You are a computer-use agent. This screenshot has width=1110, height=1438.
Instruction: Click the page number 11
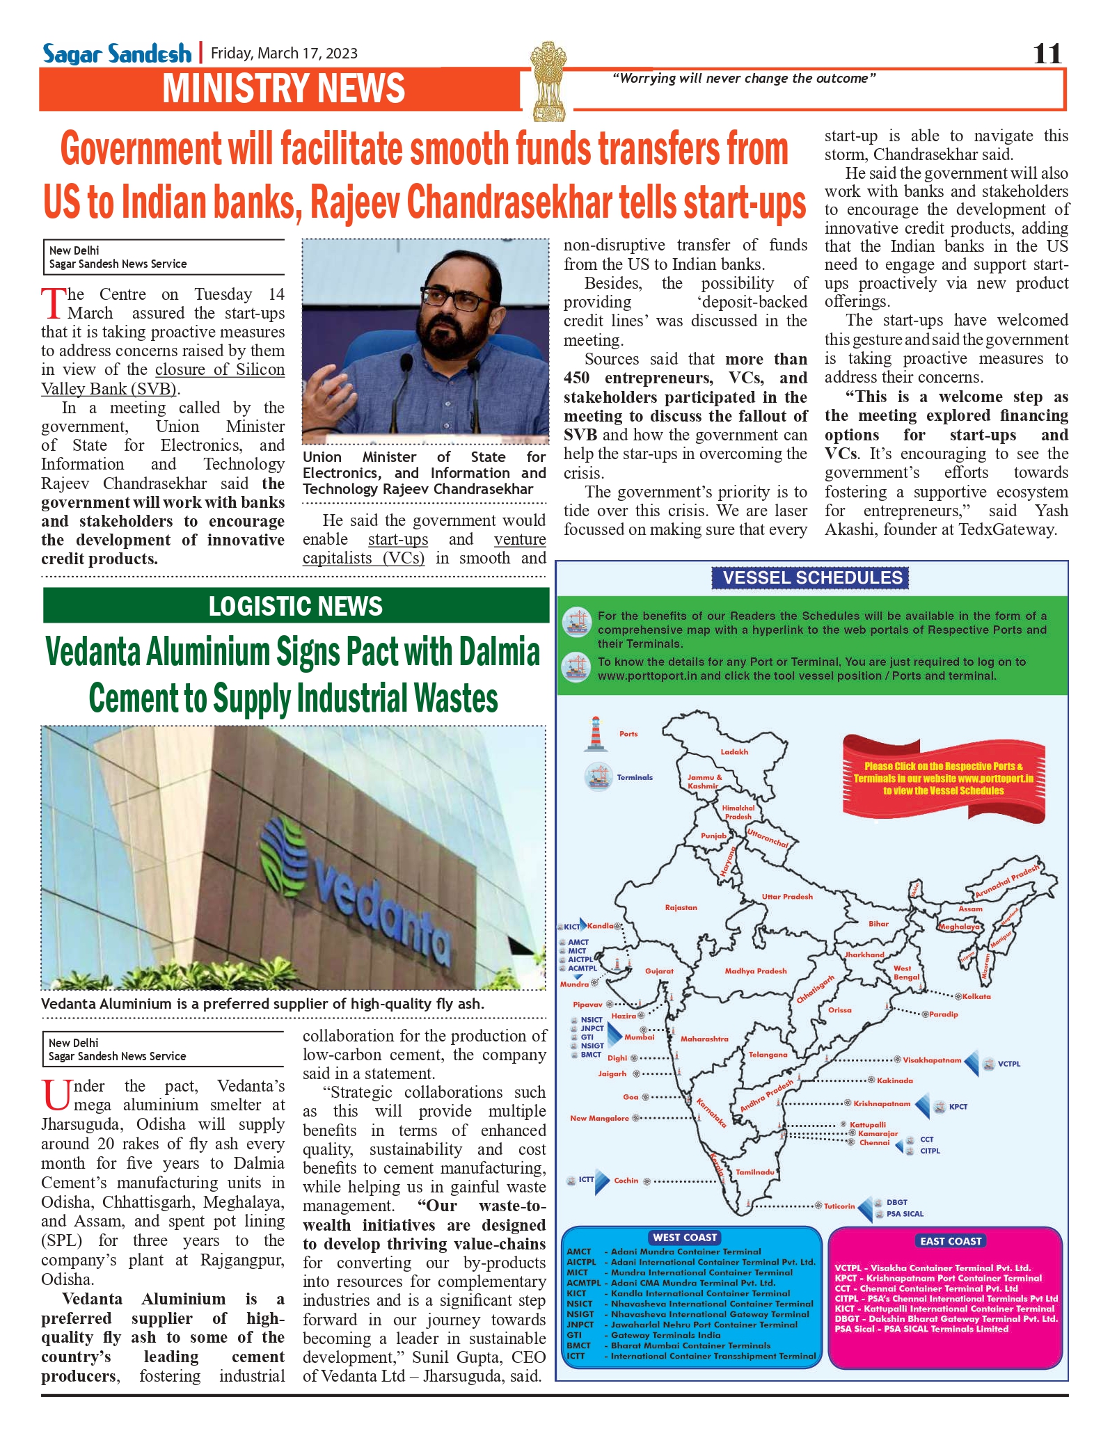point(1047,54)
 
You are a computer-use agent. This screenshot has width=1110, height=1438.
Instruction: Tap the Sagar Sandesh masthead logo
point(116,54)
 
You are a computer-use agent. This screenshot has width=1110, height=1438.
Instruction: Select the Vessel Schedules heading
point(811,577)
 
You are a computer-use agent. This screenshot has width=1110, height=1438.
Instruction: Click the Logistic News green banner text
point(296,606)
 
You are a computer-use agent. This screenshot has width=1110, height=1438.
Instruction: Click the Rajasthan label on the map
point(681,907)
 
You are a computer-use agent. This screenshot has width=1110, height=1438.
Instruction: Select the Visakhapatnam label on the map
point(932,1060)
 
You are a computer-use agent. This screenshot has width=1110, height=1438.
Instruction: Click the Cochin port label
point(626,1180)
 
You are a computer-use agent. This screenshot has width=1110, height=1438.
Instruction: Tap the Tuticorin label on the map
point(839,1206)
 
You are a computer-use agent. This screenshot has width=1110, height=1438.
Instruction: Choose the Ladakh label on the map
point(734,751)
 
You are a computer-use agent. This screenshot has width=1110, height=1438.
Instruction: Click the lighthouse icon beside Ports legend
point(594,734)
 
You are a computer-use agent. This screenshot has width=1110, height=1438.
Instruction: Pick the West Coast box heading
point(685,1237)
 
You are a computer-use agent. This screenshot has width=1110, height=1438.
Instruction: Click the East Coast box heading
point(950,1240)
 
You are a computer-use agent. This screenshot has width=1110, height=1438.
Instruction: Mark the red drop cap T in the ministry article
point(53,303)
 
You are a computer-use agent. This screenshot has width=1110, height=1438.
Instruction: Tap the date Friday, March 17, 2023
point(284,54)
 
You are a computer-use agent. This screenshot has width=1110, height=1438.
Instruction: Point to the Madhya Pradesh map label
point(755,970)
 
